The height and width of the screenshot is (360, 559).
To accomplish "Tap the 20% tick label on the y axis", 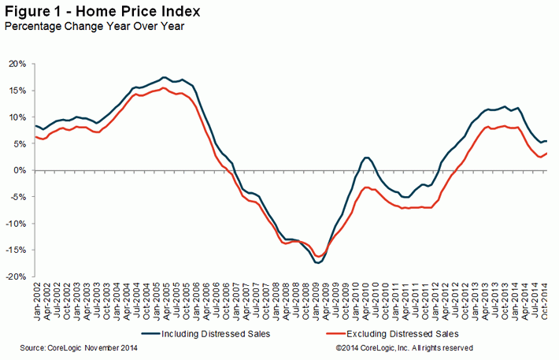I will point(17,64).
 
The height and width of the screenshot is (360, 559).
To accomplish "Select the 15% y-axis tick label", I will point(17,91).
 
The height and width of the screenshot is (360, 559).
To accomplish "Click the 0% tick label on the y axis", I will point(20,171).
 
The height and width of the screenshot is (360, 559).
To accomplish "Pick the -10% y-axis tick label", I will point(16,224).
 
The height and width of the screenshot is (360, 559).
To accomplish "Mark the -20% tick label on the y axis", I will point(16,277).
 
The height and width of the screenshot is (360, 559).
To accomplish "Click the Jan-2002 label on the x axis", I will point(36,297).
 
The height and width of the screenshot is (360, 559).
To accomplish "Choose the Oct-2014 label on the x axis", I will point(545,297).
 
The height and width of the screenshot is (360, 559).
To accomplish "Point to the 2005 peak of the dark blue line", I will point(163,77).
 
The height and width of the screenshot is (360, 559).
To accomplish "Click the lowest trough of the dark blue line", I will point(317,263).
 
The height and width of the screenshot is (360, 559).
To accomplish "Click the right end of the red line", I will point(547,154).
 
